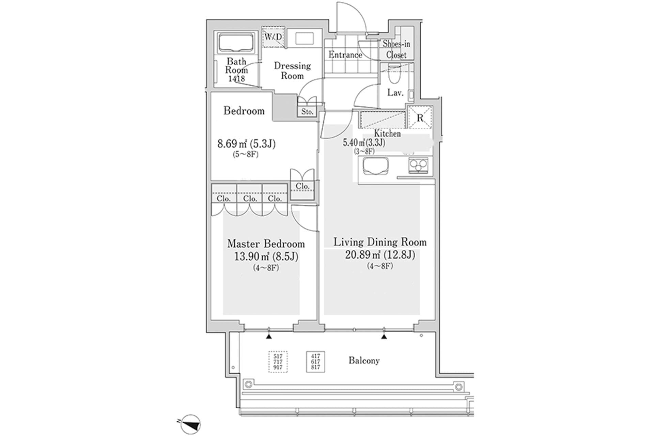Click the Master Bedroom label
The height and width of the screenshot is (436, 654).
click(266, 244)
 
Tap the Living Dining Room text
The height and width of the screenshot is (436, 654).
click(380, 242)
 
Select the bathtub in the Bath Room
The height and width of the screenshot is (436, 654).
click(237, 43)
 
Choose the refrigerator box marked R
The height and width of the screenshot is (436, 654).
click(420, 118)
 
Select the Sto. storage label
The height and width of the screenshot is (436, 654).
click(307, 112)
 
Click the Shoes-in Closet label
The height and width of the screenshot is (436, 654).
click(396, 49)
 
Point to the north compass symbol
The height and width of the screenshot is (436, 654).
click(191, 424)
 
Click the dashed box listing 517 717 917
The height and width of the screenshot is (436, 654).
click(278, 362)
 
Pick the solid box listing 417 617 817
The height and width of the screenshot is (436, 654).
click(315, 362)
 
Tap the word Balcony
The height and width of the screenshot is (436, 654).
click(364, 360)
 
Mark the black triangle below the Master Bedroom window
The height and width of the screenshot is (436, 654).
click(269, 337)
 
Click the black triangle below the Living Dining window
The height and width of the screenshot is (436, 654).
click(384, 337)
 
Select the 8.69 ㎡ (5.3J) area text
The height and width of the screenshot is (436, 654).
click(246, 144)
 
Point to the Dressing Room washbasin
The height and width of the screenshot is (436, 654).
click(305, 38)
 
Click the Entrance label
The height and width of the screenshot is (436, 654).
click(345, 54)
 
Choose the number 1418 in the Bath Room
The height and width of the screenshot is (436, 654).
click(236, 79)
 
